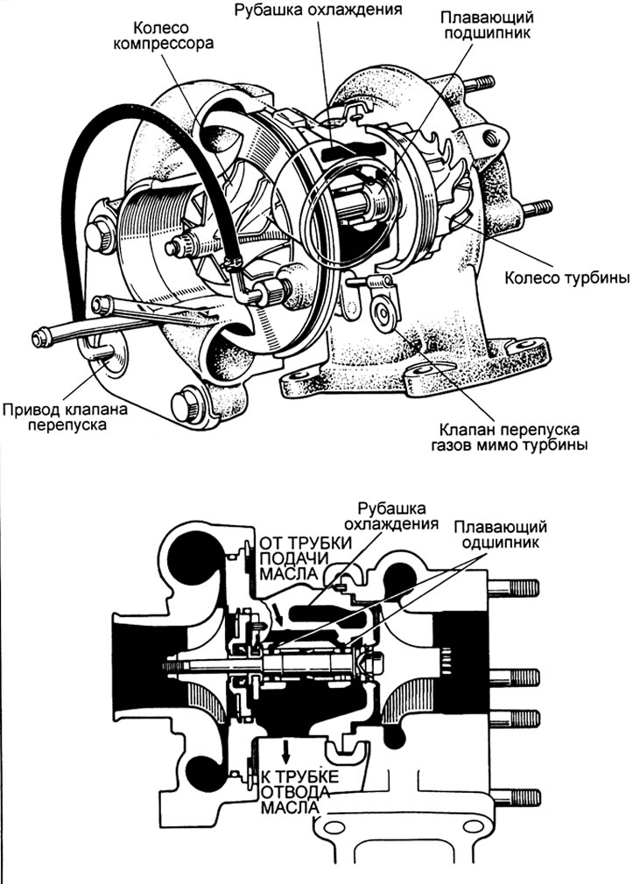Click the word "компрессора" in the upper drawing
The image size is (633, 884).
point(163,44)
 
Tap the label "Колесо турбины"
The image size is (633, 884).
point(566,278)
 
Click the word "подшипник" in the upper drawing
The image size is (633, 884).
point(487,32)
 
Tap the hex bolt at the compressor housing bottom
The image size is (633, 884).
point(186,404)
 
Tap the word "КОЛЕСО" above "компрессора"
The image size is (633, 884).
point(161,27)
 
